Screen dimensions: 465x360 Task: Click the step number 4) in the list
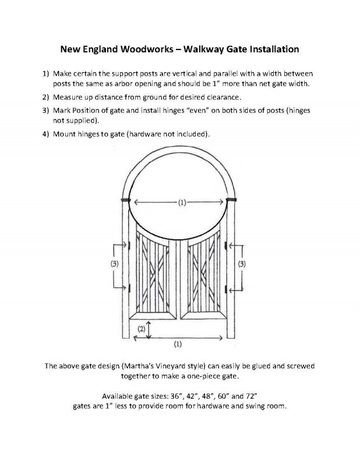point(45,134)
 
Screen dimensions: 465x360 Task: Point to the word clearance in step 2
point(215,96)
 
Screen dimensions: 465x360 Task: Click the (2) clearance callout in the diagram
point(140,329)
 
